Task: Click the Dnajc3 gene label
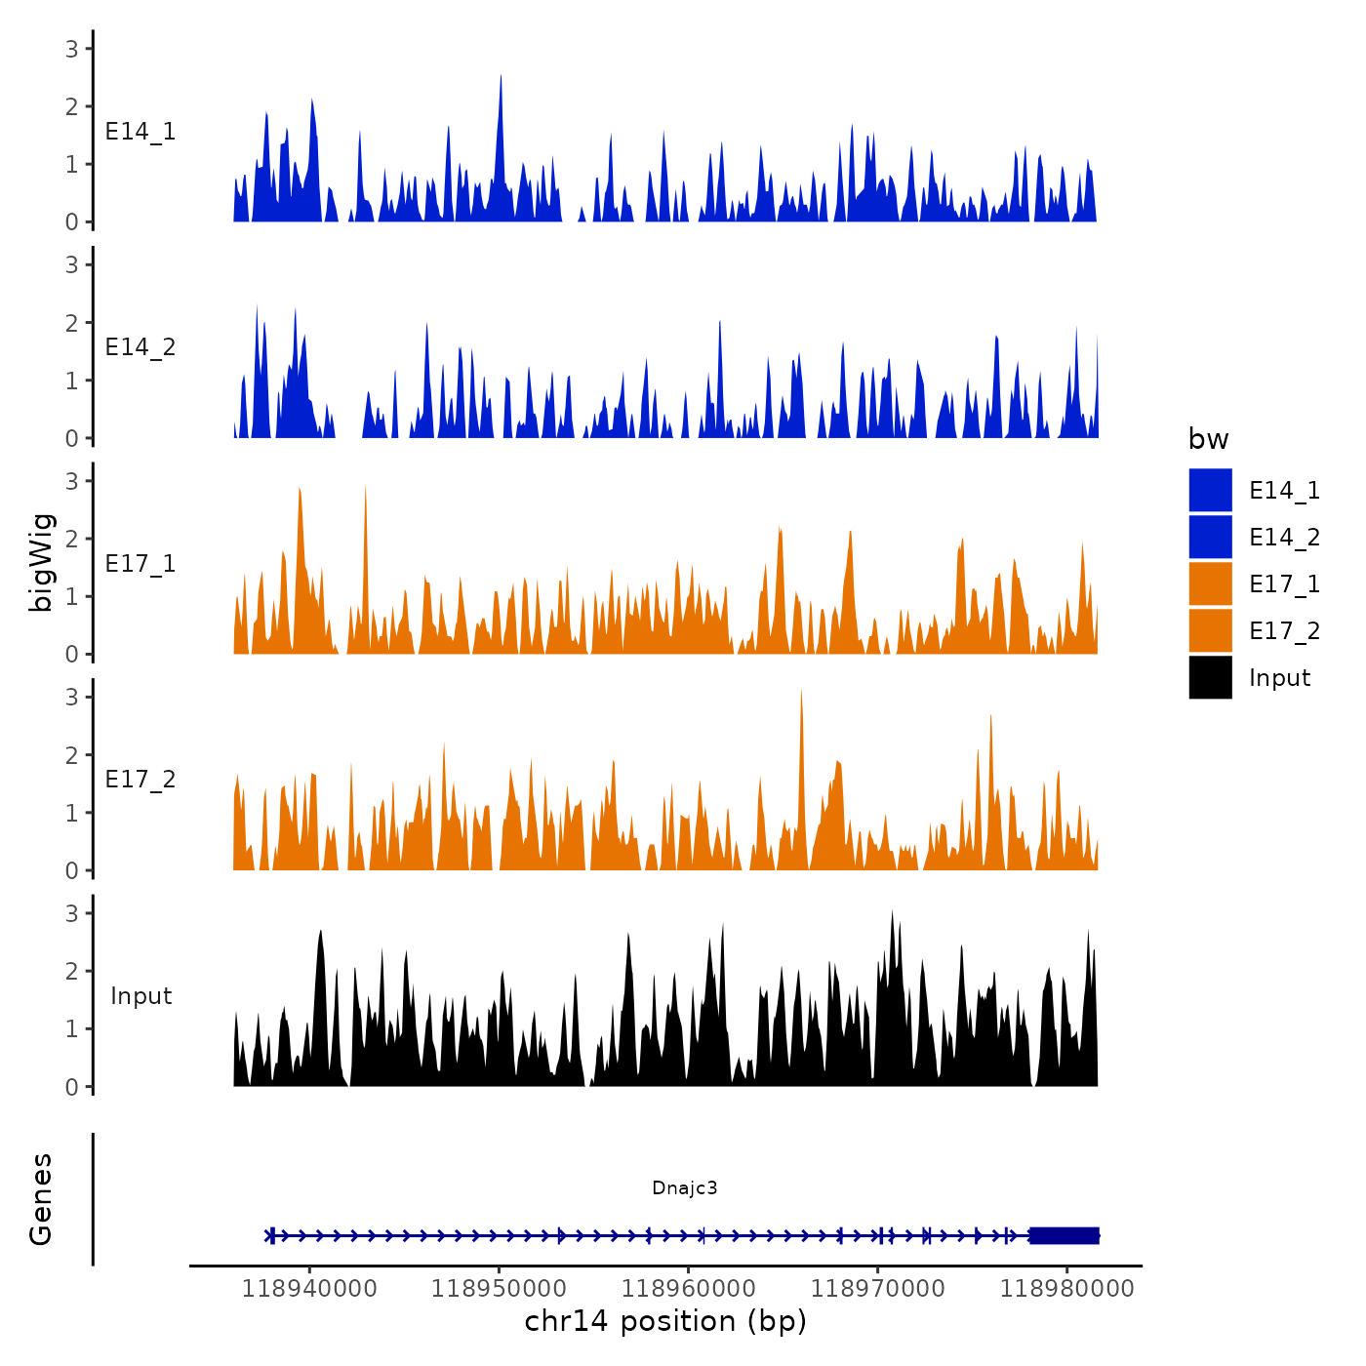[684, 1187]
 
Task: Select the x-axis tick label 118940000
[309, 1289]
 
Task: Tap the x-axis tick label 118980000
[1066, 1289]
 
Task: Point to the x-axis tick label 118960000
[688, 1289]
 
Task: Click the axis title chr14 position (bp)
[665, 1321]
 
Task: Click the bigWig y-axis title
[42, 563]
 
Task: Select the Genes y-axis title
[41, 1199]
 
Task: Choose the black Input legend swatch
[1210, 677]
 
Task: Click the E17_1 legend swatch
[1210, 583]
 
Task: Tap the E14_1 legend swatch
[1210, 490]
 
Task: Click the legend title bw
[1208, 440]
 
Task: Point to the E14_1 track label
[141, 132]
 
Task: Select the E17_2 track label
[141, 780]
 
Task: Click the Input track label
[141, 996]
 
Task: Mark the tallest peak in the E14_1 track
[501, 76]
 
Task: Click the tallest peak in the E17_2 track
[801, 691]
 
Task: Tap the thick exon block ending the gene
[1064, 1235]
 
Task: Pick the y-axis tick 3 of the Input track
[72, 913]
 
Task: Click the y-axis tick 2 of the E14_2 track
[72, 323]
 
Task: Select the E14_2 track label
[141, 347]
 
